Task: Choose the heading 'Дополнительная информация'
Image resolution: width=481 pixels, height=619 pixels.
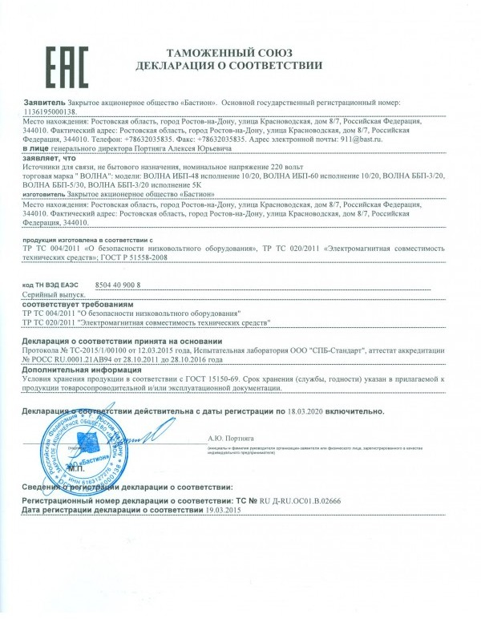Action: [x=82, y=371]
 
